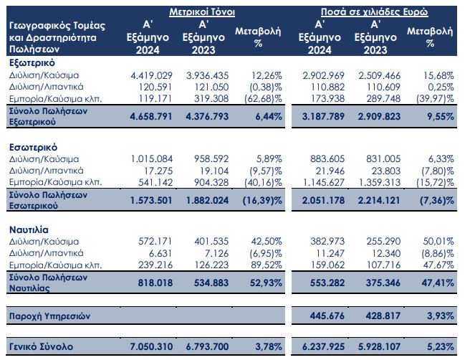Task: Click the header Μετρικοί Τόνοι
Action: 202,13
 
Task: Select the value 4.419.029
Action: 152,75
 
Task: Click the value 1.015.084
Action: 152,159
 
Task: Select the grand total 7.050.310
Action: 152,347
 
